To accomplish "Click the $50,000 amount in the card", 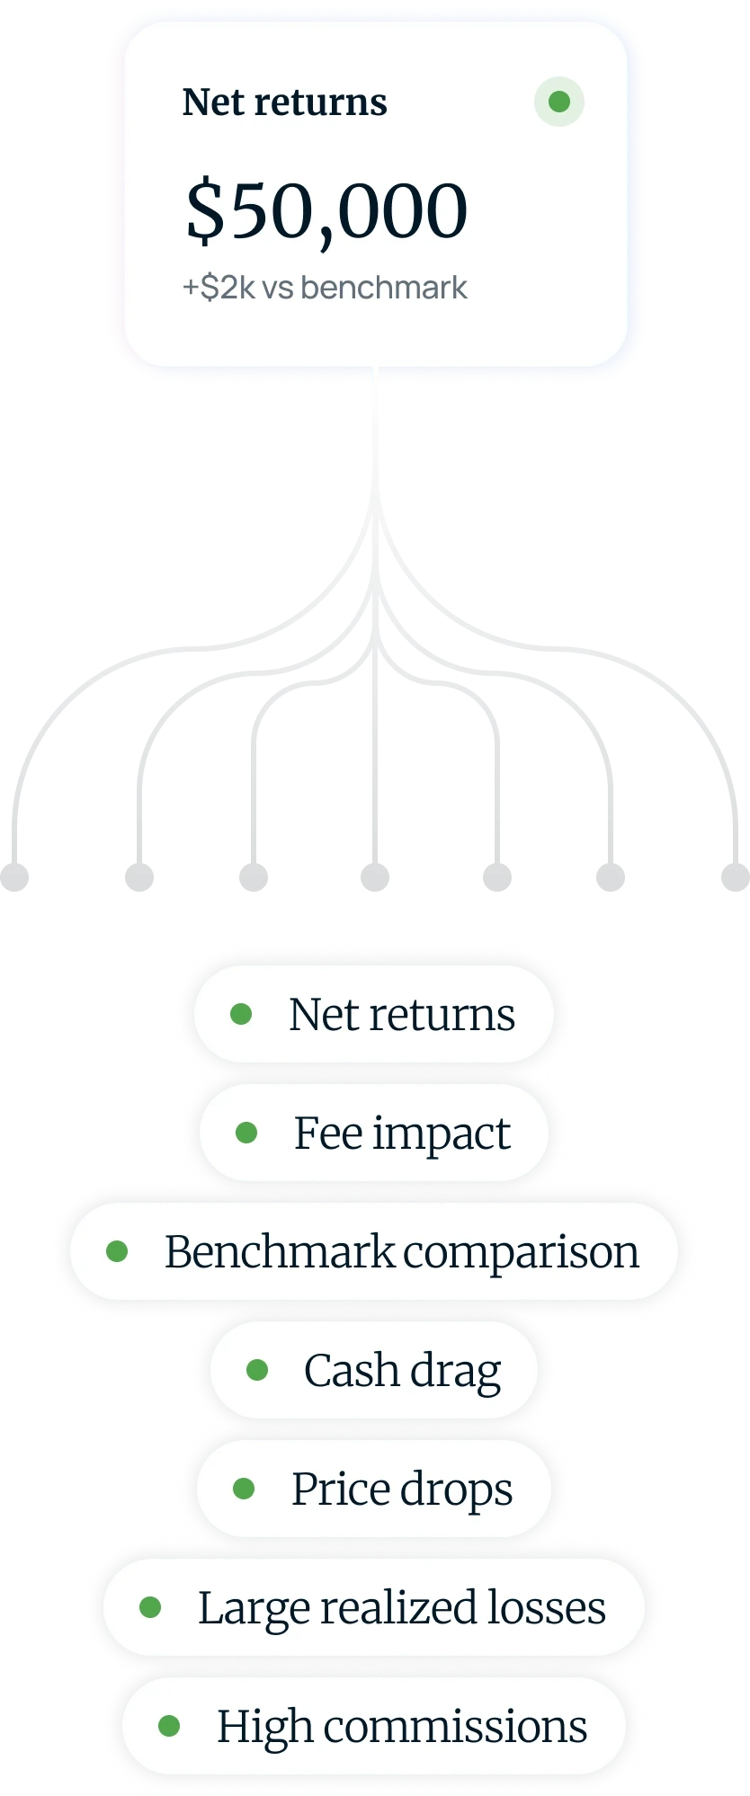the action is click(x=326, y=212).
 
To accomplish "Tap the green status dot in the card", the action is click(x=558, y=101).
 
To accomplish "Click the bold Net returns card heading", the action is click(x=284, y=102).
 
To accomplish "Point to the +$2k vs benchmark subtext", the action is click(x=325, y=288).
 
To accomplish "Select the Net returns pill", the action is click(x=374, y=1014).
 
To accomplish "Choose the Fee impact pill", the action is click(x=374, y=1133).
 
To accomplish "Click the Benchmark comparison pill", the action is click(x=374, y=1251).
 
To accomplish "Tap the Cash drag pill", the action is click(x=374, y=1370).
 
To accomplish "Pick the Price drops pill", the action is click(x=374, y=1489).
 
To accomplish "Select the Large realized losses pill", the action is click(x=374, y=1607).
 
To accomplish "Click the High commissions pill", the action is click(x=374, y=1726).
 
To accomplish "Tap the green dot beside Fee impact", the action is click(x=246, y=1133).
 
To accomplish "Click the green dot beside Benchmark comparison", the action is click(x=117, y=1251).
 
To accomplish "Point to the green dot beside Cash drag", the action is click(x=257, y=1370).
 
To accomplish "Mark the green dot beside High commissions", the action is click(x=169, y=1726).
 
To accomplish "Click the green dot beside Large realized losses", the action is click(x=150, y=1607).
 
